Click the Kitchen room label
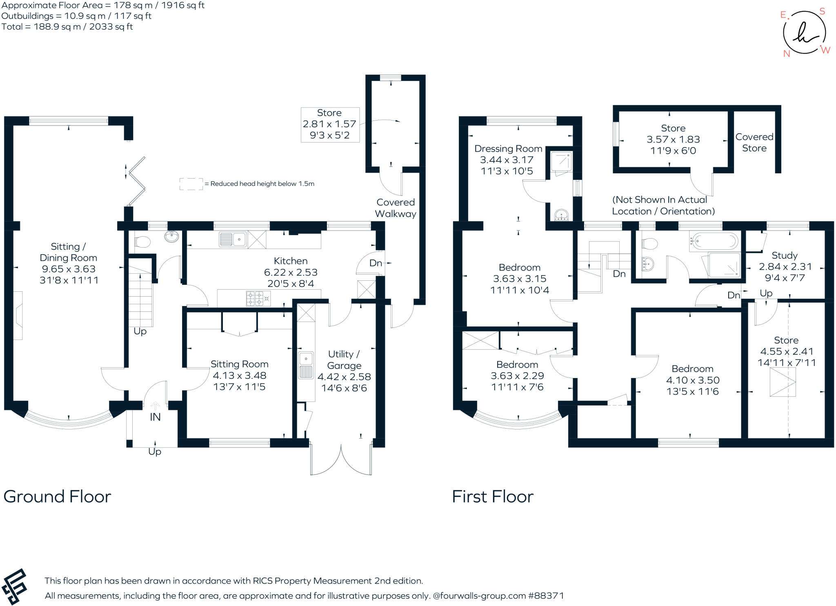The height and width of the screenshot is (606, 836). pos(290,261)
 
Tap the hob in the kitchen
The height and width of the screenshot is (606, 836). pos(258,298)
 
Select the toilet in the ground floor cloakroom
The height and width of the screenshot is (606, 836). pos(142,242)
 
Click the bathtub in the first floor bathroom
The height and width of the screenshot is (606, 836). pos(714,241)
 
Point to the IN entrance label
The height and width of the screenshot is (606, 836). pos(155,417)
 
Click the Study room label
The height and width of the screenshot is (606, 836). pos(784,255)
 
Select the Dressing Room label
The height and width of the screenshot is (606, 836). pos(508,149)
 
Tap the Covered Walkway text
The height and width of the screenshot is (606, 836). pos(396,208)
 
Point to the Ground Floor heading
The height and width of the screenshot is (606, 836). pos(57,496)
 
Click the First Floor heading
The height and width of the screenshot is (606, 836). pos(492,496)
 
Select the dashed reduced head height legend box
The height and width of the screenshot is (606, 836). pos(191,184)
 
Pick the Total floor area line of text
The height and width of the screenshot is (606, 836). pos(67,27)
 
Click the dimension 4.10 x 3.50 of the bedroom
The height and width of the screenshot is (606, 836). pos(693,380)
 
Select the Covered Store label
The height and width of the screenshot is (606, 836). pos(754,143)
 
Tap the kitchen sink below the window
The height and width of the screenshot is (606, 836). pos(233,239)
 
